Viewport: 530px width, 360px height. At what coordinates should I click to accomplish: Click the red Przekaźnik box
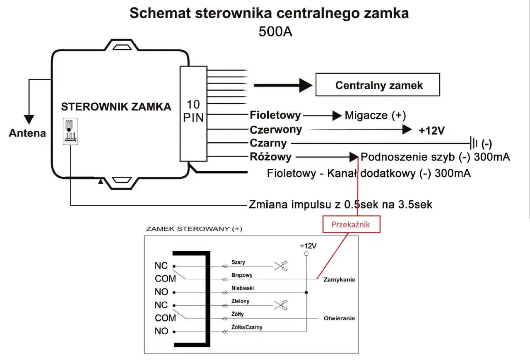click(x=351, y=225)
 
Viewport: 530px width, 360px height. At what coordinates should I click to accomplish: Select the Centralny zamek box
click(x=378, y=85)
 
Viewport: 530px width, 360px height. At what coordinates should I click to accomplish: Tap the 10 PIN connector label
click(x=193, y=111)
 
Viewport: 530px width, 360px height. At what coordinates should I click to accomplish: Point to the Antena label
click(x=27, y=133)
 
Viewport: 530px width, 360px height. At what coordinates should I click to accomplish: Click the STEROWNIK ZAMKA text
click(x=116, y=107)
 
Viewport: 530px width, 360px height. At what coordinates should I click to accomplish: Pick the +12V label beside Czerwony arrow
click(x=431, y=131)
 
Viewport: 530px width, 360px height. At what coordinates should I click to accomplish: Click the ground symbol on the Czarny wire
click(x=474, y=144)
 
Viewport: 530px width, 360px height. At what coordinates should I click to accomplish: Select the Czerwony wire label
click(x=276, y=130)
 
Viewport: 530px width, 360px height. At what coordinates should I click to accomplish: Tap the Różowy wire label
click(x=270, y=157)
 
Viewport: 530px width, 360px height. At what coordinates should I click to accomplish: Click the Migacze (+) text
click(x=375, y=115)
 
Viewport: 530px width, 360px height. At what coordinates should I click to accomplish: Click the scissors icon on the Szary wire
click(x=281, y=266)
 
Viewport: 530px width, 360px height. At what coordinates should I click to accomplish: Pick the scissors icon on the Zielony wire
click(x=281, y=305)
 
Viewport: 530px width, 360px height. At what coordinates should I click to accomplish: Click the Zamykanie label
click(x=339, y=280)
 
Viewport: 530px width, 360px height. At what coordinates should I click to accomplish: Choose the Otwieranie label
click(x=339, y=319)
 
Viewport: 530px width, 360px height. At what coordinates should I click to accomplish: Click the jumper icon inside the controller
click(x=70, y=132)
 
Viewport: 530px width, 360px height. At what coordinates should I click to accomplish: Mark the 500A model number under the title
click(x=275, y=32)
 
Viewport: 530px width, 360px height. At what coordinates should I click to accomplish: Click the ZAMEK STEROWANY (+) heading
click(x=195, y=229)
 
